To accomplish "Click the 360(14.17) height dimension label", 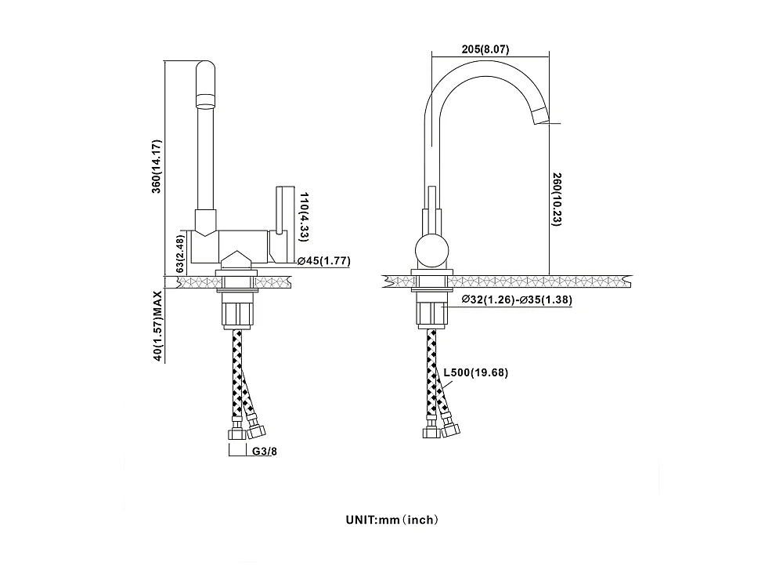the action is click(x=157, y=166).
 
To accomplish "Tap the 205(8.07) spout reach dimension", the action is click(x=485, y=49).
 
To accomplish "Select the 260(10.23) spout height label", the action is click(x=557, y=199).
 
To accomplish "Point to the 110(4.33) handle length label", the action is click(x=304, y=216).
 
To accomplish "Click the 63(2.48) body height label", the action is click(x=180, y=253).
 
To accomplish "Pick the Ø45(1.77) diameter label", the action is click(x=324, y=260).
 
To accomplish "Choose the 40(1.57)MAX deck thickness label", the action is click(x=157, y=325).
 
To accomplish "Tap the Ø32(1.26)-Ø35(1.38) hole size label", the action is click(x=517, y=299).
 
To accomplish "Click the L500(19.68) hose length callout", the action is click(x=476, y=372).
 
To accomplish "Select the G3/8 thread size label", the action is click(x=264, y=452).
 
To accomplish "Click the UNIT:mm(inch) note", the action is click(x=392, y=520).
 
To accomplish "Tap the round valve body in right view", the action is click(x=432, y=251).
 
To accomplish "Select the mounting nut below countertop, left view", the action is click(x=238, y=311).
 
